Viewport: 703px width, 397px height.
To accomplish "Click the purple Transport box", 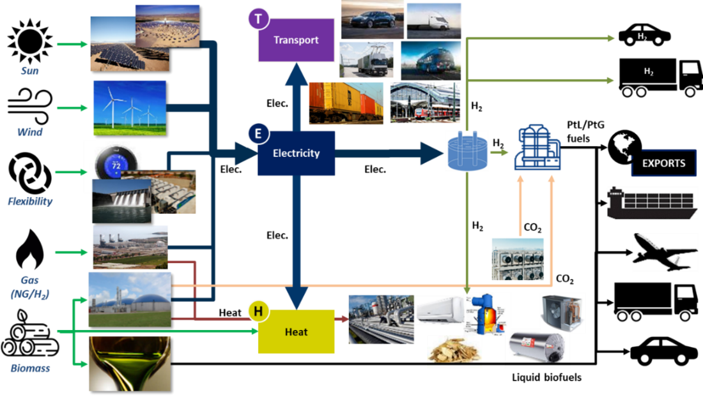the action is coord(297,40).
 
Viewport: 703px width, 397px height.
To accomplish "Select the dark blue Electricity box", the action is coord(297,153).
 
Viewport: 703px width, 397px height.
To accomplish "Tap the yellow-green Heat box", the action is coord(297,332).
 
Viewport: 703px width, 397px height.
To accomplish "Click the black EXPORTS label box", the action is coord(663,163).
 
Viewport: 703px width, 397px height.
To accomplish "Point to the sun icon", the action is coord(30,41).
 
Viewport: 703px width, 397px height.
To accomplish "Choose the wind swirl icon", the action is coord(30,106).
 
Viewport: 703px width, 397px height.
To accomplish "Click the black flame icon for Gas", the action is coord(29,250).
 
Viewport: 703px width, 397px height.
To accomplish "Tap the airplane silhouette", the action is coord(665,252).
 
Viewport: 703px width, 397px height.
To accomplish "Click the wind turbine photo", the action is coord(130,108).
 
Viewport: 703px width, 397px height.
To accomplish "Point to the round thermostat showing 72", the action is coord(116,163).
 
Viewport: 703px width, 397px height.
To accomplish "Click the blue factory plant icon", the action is coord(537,147).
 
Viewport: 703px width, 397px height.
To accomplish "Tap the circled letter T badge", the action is coord(258,19).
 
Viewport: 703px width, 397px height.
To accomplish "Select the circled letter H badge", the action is coord(258,311).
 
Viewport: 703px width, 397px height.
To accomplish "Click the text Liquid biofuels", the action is coord(546,377).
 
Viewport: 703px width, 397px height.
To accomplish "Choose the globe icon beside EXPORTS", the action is coord(624,147).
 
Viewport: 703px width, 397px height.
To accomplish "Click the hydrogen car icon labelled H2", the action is coord(644,35).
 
